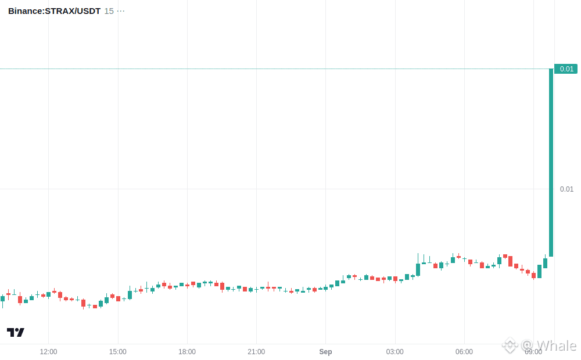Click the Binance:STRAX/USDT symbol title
pyautogui.click(x=54, y=11)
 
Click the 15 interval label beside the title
pyautogui.click(x=109, y=11)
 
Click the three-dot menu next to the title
pyautogui.click(x=121, y=11)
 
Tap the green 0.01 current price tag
pyautogui.click(x=566, y=69)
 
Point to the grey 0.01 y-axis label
pyautogui.click(x=566, y=189)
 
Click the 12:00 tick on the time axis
pyautogui.click(x=49, y=351)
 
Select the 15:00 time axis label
pyautogui.click(x=118, y=351)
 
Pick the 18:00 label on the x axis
pyautogui.click(x=187, y=351)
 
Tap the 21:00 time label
pyautogui.click(x=256, y=351)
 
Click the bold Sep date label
pyautogui.click(x=326, y=351)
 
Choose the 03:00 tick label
pyautogui.click(x=395, y=351)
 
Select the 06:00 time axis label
pyautogui.click(x=464, y=351)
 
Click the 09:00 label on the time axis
pyautogui.click(x=533, y=352)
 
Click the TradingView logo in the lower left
pyautogui.click(x=16, y=332)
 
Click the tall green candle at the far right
pyautogui.click(x=551, y=163)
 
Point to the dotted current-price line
pyautogui.click(x=274, y=69)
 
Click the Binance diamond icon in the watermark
pyautogui.click(x=510, y=345)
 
